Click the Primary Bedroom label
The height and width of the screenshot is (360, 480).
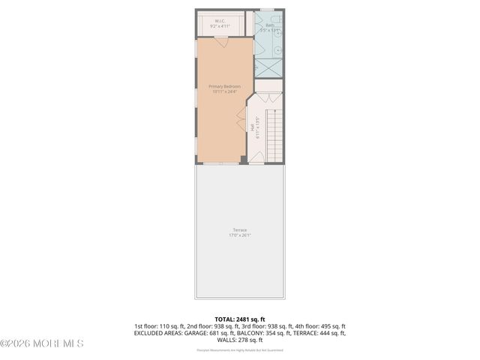[225, 87]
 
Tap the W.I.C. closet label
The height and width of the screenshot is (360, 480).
[220, 21]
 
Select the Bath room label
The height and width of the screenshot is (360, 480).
[270, 25]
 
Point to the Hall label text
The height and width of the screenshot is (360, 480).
[258, 128]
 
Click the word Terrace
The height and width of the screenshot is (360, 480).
[239, 229]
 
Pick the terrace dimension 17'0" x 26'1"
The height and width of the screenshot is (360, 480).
[239, 235]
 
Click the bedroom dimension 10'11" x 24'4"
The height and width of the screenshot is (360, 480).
[225, 92]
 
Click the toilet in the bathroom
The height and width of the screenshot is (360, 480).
[277, 20]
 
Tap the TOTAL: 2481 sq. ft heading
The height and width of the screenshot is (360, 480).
[239, 319]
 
